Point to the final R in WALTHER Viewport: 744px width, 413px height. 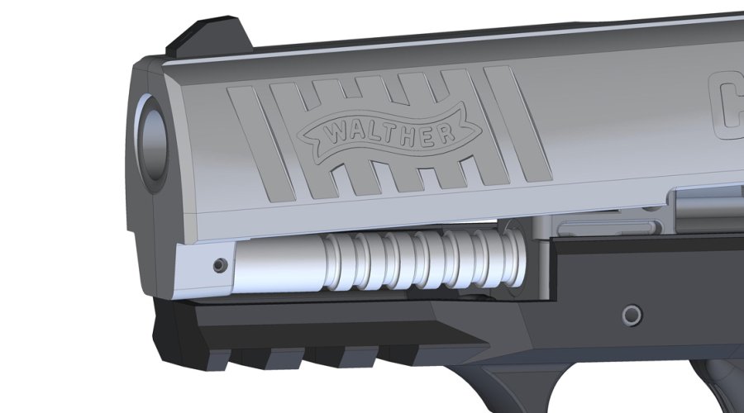[x=444, y=132]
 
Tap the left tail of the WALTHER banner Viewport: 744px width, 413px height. [x=309, y=137]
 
